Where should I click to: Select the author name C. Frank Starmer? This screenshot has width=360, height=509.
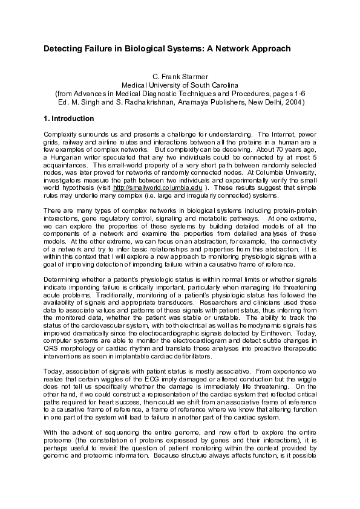pos(180,77)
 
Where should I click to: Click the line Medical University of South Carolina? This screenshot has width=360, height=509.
pos(180,86)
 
